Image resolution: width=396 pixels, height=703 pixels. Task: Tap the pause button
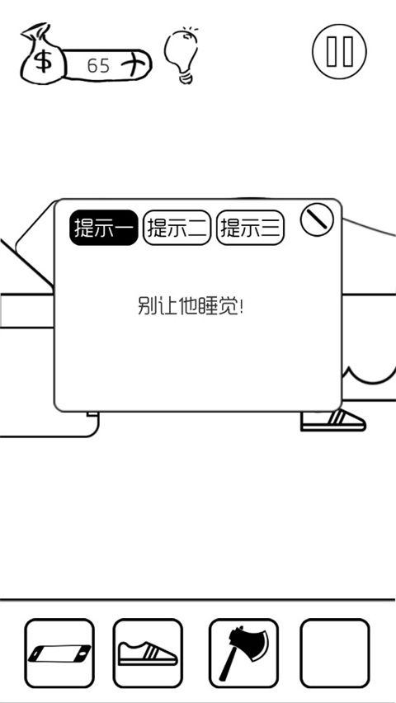click(339, 51)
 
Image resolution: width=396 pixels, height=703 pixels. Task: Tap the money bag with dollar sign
click(44, 55)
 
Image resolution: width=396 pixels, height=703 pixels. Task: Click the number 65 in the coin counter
click(98, 66)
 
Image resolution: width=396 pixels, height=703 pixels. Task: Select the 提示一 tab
click(104, 227)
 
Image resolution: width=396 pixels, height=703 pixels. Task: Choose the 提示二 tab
click(177, 227)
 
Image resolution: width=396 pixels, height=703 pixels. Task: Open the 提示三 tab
click(251, 227)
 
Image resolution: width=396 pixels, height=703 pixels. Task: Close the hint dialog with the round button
click(317, 219)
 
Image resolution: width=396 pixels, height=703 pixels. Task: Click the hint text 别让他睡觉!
click(190, 307)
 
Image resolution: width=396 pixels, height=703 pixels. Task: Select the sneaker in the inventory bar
click(148, 653)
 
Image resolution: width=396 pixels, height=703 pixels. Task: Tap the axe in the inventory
click(243, 653)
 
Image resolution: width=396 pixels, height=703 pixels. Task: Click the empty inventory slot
click(335, 653)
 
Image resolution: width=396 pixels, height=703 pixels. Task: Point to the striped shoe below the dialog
click(333, 421)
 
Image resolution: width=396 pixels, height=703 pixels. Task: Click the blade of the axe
click(251, 641)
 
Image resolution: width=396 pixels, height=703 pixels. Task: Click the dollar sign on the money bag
click(44, 61)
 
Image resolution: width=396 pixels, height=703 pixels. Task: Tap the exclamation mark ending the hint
click(241, 307)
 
